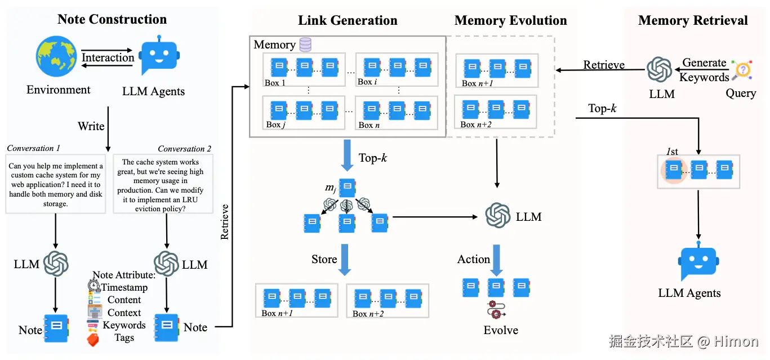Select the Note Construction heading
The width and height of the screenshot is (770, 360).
coord(112,19)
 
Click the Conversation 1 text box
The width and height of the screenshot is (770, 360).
coord(56,185)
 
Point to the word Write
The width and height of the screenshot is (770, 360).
coord(91,126)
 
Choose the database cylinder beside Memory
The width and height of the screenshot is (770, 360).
coord(305,45)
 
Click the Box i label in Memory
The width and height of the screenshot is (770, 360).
coord(367,82)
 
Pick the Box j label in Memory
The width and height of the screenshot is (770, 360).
coord(275,125)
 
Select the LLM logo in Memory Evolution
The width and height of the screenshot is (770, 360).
coord(498,216)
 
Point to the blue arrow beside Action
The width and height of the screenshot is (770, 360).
coord(496,260)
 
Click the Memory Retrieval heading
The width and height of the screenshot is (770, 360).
coord(693,21)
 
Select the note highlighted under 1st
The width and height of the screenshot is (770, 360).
coord(674,170)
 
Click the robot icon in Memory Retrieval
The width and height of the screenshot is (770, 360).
coord(698,263)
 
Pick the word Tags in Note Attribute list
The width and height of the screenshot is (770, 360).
coord(124,337)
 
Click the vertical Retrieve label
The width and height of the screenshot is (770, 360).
coord(225,221)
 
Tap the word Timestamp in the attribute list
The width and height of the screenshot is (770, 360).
coord(124,287)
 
